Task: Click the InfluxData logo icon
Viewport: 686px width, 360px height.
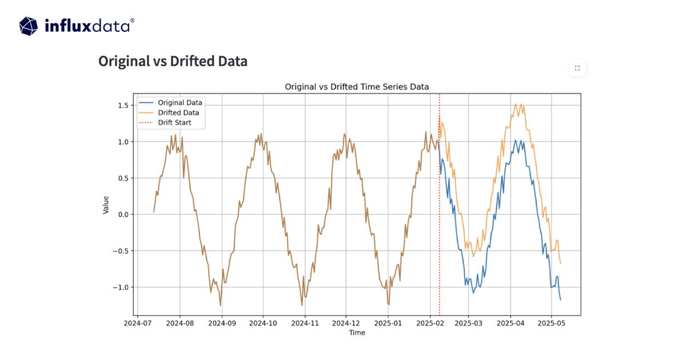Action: [29, 26]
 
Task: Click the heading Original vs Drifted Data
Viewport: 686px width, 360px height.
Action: [173, 61]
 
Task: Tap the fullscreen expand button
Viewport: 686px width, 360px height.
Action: [577, 68]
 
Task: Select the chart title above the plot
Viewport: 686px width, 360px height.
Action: [357, 86]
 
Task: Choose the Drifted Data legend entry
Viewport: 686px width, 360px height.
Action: [178, 113]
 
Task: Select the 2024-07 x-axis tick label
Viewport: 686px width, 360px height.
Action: [137, 323]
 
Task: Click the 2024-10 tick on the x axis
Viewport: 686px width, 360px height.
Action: [263, 323]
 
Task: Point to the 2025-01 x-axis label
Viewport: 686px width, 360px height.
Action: [388, 323]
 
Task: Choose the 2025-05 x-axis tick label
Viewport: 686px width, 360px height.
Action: [551, 323]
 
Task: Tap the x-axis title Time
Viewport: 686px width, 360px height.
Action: [357, 333]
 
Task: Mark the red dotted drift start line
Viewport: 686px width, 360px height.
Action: [439, 229]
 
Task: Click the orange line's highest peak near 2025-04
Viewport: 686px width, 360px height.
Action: [516, 104]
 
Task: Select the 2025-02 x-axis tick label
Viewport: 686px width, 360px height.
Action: [431, 323]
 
